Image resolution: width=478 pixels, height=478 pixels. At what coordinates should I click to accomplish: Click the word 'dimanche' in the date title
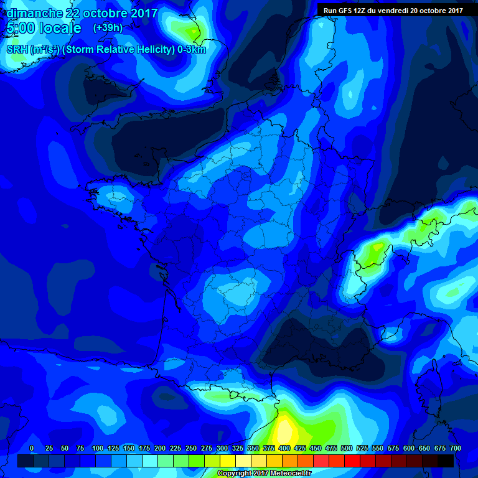click(x=30, y=13)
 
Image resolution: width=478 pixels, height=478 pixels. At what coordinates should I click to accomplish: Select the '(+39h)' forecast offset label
click(x=108, y=28)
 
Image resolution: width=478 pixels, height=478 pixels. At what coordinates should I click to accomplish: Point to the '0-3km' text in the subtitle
click(x=191, y=50)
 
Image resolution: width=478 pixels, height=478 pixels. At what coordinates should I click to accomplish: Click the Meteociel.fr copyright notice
click(x=263, y=473)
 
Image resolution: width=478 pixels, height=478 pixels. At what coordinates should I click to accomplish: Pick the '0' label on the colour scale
click(x=32, y=448)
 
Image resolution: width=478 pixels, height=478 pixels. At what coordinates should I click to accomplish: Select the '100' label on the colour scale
click(x=98, y=448)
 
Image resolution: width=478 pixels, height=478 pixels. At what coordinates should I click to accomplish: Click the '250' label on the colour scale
click(x=191, y=448)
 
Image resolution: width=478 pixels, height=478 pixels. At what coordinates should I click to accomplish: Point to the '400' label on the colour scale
click(x=284, y=448)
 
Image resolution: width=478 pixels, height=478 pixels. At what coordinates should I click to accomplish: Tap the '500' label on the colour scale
click(x=347, y=448)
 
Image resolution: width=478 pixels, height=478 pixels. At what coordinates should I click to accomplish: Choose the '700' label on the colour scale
click(x=455, y=448)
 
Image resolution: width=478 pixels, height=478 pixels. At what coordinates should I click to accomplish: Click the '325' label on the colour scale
click(x=238, y=448)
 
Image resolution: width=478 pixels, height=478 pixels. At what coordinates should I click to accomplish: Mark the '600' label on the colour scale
click(x=409, y=448)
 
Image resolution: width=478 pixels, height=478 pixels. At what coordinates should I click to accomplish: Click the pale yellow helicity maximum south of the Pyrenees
click(x=284, y=429)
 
